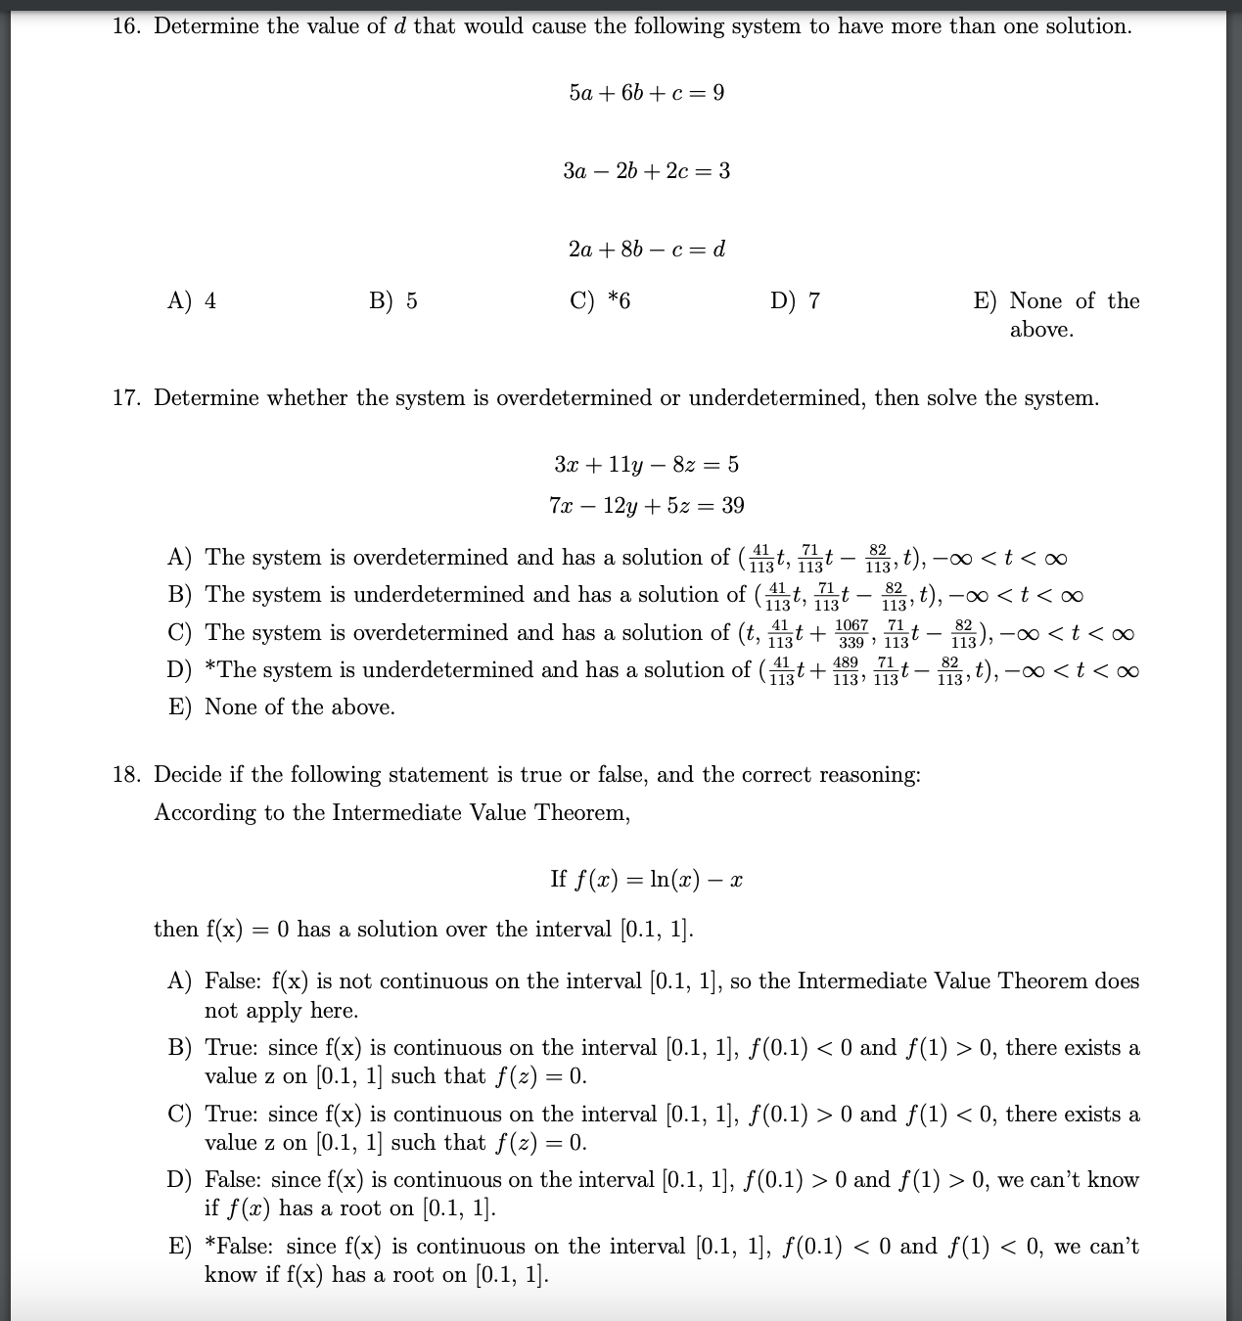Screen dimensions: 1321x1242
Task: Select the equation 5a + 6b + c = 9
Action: click(x=646, y=93)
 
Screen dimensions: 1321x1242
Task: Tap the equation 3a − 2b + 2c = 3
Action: click(x=646, y=171)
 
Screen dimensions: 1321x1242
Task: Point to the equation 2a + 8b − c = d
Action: click(x=646, y=250)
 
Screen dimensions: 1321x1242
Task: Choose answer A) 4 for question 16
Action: click(x=192, y=300)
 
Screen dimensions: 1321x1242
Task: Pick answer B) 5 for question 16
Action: click(x=393, y=300)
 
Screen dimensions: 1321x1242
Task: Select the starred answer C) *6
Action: click(x=600, y=300)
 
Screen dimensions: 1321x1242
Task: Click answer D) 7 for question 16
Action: click(x=796, y=300)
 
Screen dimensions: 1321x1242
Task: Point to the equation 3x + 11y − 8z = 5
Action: click(x=646, y=464)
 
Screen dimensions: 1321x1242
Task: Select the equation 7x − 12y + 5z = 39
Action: click(x=646, y=505)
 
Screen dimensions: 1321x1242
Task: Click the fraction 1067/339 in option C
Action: click(x=851, y=633)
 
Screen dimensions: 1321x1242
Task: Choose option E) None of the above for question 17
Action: click(x=282, y=707)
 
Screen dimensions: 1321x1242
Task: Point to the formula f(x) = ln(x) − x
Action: click(x=661, y=879)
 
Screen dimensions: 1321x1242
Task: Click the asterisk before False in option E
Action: click(x=210, y=1245)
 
